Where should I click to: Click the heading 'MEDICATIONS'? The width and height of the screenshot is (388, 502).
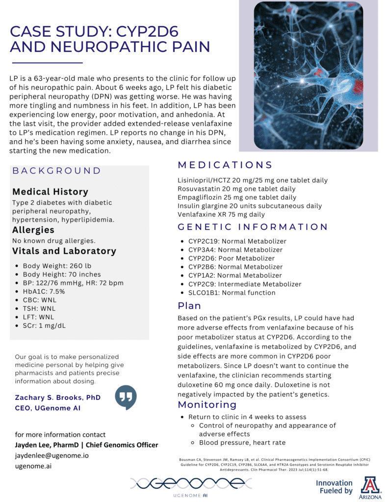coord(225,165)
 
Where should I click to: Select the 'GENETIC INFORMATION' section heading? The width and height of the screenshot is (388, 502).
coord(253,227)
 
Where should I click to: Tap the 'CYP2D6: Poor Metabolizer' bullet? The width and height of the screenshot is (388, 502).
coord(232,258)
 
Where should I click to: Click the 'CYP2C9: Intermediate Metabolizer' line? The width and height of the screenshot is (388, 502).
coord(245,284)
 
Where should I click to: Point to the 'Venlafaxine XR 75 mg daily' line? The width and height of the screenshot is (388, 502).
coord(221,215)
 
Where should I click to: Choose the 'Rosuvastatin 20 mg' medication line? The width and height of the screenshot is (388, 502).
coord(236,189)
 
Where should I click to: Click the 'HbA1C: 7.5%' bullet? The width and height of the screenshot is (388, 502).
coord(44,291)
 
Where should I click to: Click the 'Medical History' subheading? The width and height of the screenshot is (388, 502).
coord(50,192)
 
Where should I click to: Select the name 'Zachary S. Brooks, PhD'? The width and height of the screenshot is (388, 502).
coord(58,397)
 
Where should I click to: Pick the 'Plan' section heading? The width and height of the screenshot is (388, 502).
coord(189,306)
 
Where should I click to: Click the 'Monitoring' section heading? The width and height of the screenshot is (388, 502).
coord(207,404)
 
